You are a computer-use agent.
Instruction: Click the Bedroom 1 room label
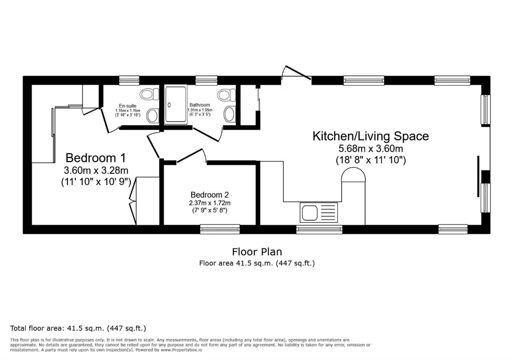pos(96,158)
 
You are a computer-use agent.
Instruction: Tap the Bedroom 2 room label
pos(209,195)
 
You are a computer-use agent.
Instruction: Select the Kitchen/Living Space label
pos(370,136)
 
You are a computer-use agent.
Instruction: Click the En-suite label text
pos(127,106)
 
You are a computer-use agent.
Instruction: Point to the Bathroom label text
pos(199,105)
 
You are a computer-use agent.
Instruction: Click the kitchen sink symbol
pos(318,213)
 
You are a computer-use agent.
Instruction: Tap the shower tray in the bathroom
pos(176,104)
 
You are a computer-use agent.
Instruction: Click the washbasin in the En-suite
pos(153,116)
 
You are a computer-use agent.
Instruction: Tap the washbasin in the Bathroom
pos(230,114)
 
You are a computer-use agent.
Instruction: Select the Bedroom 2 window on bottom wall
pos(220,229)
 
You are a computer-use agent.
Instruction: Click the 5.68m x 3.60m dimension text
pos(370,148)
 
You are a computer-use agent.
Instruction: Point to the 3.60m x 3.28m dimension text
pos(96,170)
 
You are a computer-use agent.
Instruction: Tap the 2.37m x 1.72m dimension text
pos(209,203)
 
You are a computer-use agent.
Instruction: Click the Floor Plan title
pos(257,252)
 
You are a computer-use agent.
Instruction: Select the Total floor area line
pos(78,328)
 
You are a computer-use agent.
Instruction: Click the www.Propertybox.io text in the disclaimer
pos(181,350)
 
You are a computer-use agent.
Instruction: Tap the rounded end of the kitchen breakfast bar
pos(353,174)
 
